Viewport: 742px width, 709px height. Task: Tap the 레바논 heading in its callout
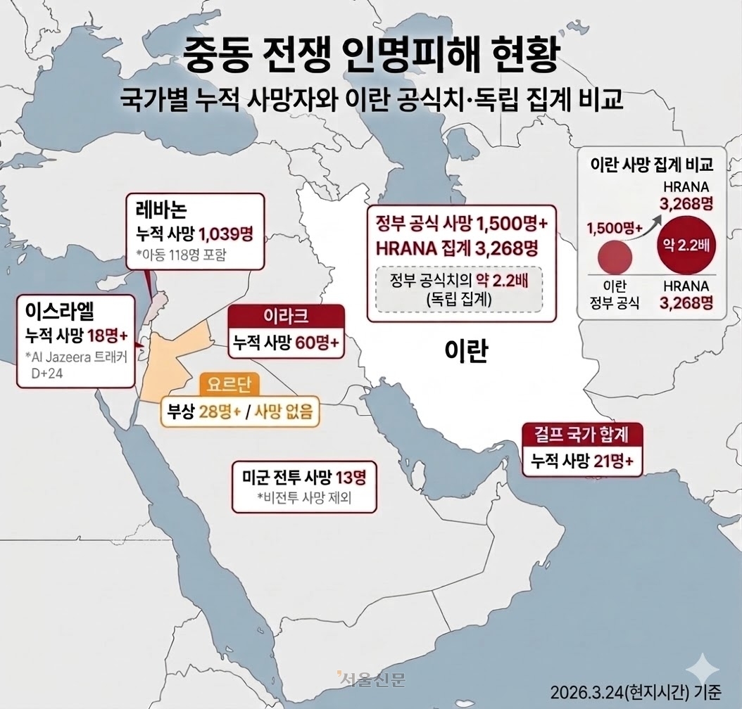[x=161, y=210]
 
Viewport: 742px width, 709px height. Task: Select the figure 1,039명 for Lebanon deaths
[x=227, y=233]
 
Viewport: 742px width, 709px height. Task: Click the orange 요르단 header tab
[x=229, y=384]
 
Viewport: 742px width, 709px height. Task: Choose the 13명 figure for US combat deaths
[x=351, y=477]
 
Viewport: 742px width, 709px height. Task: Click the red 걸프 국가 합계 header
[x=574, y=434]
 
